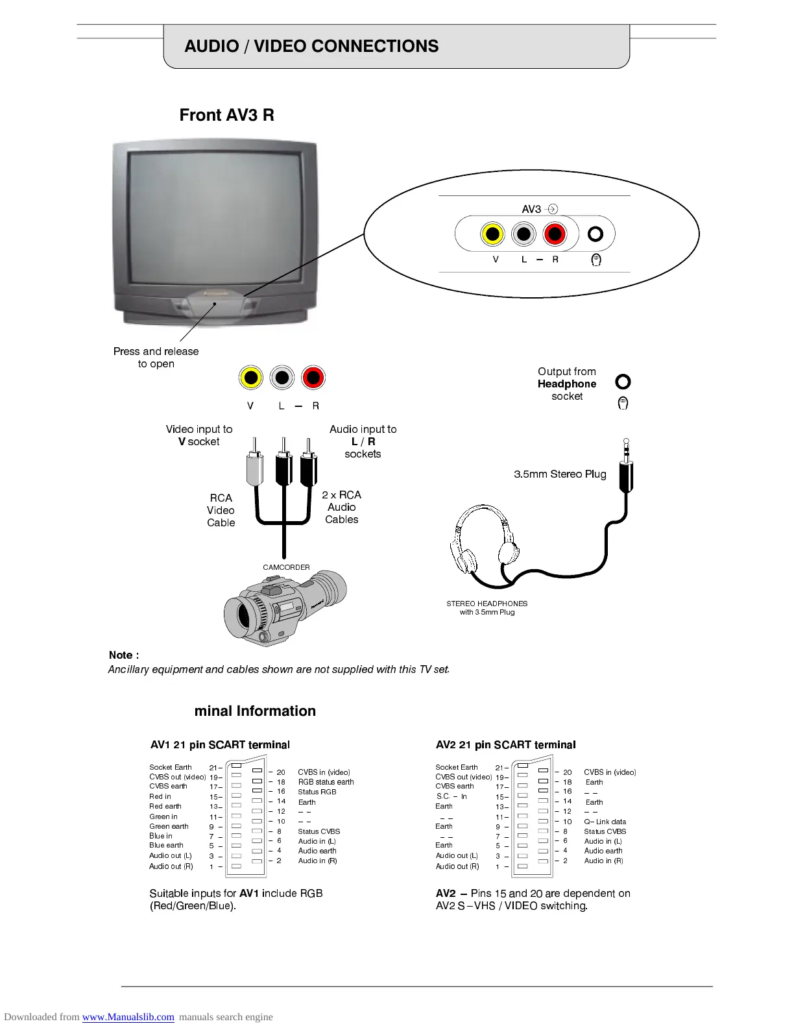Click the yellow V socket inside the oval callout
(x=492, y=234)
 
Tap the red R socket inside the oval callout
(x=555, y=234)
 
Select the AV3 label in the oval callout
(x=531, y=209)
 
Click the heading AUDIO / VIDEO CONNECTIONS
(x=311, y=46)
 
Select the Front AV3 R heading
(x=226, y=115)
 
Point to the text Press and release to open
(x=156, y=357)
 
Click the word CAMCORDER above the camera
(x=286, y=567)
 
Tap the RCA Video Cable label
(x=221, y=510)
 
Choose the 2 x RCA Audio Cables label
(x=341, y=507)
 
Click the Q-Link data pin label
(x=605, y=822)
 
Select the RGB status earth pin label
(x=326, y=782)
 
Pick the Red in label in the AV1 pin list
(x=160, y=796)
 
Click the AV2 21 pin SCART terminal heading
(x=505, y=744)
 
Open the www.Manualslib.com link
(x=128, y=1017)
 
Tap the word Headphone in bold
(x=566, y=384)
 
